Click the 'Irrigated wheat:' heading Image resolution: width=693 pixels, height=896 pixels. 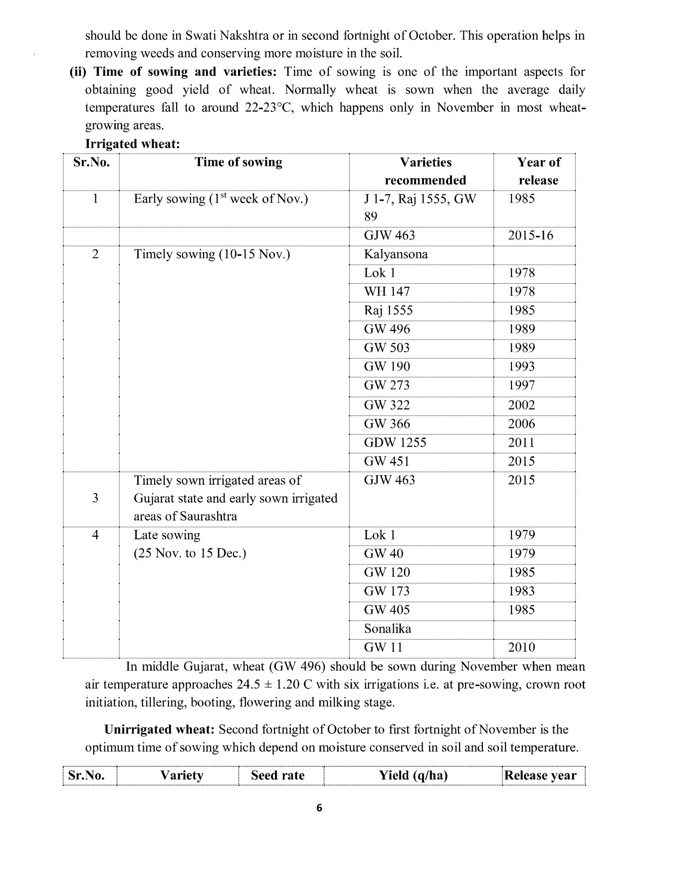point(132,144)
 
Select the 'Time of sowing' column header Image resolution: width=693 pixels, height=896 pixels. point(238,162)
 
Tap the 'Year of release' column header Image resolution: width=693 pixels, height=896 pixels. point(538,171)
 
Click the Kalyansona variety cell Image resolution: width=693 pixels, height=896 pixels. point(396,254)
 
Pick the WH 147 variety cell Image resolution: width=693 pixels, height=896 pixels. point(387,292)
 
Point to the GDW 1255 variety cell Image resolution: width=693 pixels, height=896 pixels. point(395,443)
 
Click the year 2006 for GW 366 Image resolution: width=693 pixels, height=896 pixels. point(521,424)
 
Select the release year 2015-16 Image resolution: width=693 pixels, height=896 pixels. point(530,235)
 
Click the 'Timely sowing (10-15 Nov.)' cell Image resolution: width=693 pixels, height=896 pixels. point(212,254)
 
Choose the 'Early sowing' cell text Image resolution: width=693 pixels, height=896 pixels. point(221,199)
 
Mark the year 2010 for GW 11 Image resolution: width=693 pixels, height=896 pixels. point(521,648)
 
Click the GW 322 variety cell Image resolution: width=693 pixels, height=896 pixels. point(387,405)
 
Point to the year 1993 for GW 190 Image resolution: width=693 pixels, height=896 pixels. point(521,366)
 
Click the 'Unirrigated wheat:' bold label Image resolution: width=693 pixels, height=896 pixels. point(159,730)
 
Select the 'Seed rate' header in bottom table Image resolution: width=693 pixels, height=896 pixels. point(277,776)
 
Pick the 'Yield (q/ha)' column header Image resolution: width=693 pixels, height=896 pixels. point(413,776)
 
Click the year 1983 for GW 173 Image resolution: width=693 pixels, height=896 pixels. point(521,591)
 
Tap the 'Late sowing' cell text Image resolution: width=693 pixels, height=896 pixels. point(167,536)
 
